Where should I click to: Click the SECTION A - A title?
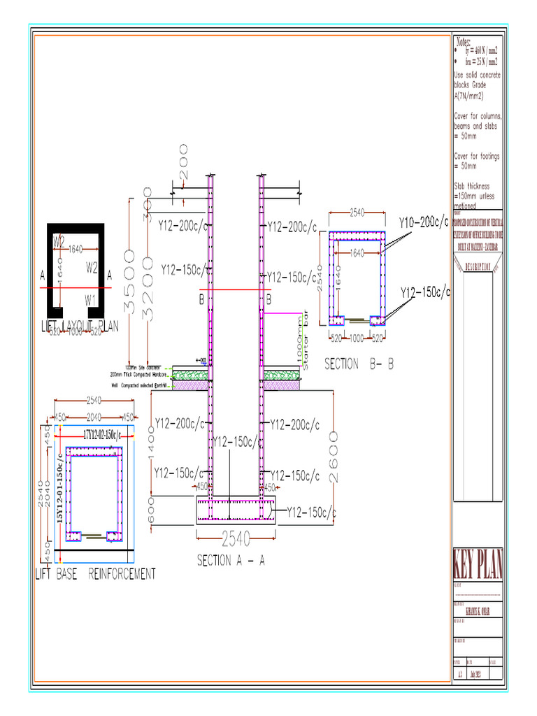click(230, 560)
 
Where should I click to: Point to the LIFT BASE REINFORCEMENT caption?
click(95, 574)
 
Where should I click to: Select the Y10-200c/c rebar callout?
click(424, 223)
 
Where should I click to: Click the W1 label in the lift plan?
click(90, 299)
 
